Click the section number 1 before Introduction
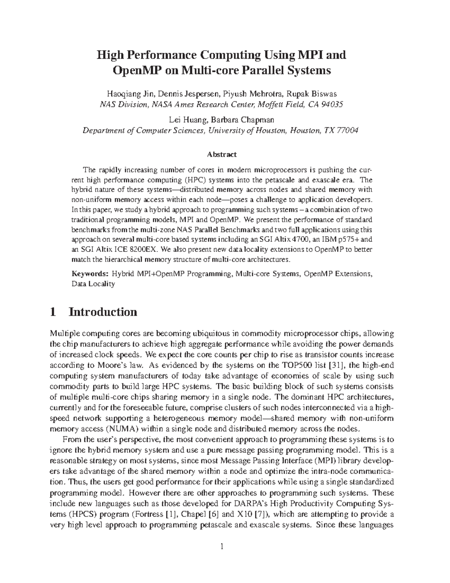pyautogui.click(x=53, y=312)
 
